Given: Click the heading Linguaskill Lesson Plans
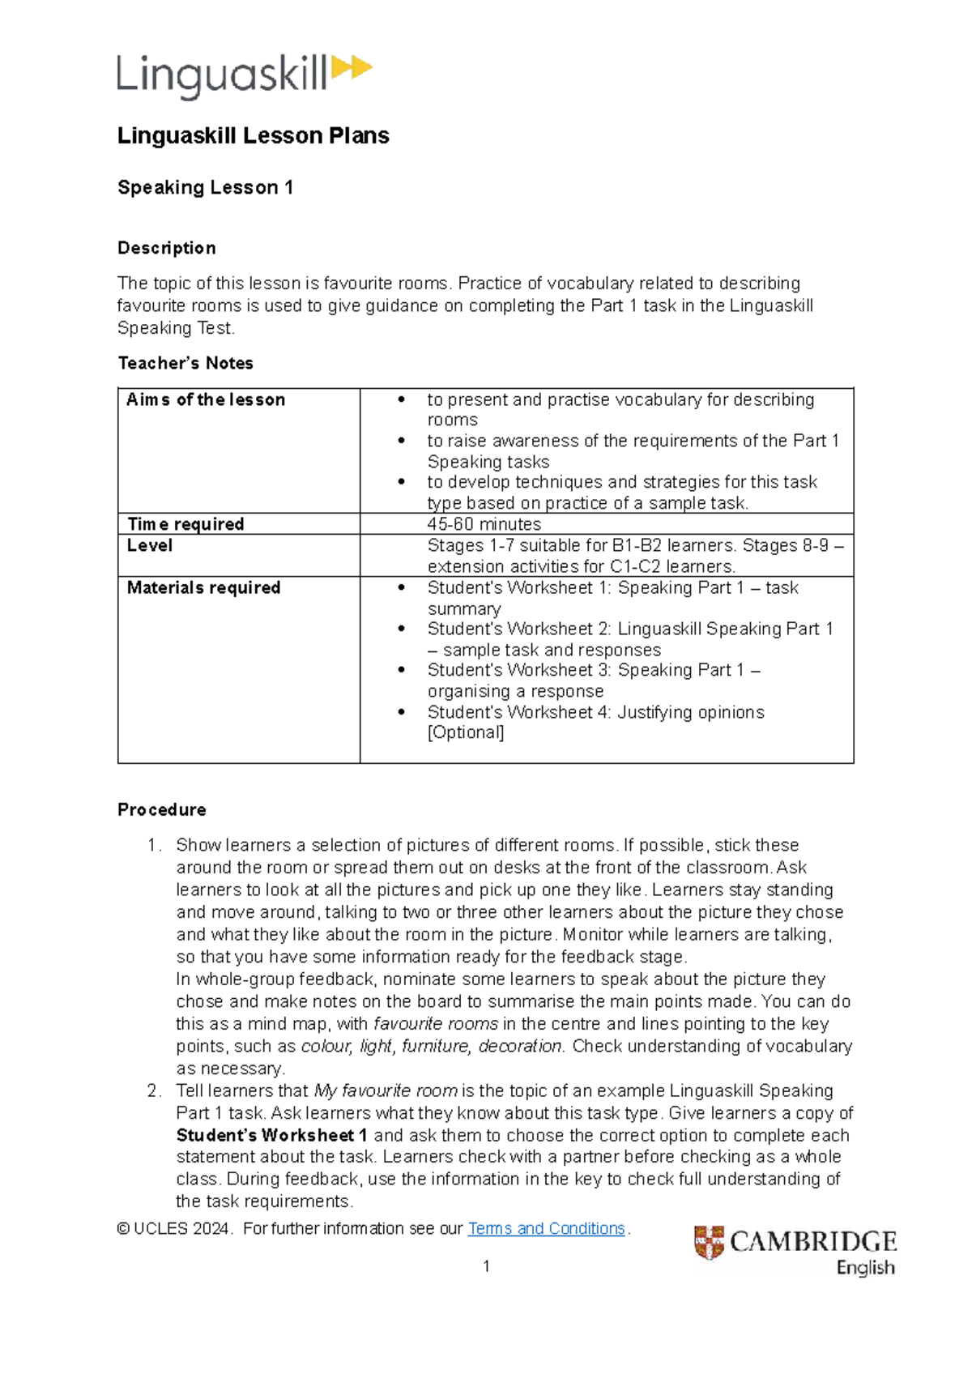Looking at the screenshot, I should (253, 135).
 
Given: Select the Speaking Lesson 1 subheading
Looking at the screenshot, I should (205, 187).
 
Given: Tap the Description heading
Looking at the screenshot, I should (166, 248).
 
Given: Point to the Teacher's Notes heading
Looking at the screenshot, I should (185, 363).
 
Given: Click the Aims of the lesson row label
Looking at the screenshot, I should (206, 399).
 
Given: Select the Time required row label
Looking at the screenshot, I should (185, 524).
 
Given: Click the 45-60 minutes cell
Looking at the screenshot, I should (484, 524).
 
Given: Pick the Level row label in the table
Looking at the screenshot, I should (150, 545).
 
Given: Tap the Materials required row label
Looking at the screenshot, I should (203, 587).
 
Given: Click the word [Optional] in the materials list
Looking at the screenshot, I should (466, 732).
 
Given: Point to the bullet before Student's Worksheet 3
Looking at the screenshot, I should (401, 670).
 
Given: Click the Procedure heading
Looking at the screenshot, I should (161, 809).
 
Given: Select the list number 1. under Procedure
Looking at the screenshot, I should (154, 845).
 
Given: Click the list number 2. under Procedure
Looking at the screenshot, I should (154, 1090).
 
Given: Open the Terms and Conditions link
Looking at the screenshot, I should (546, 1228).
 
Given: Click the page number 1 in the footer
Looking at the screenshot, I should (486, 1266).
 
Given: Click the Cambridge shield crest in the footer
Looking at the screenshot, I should (709, 1242).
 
